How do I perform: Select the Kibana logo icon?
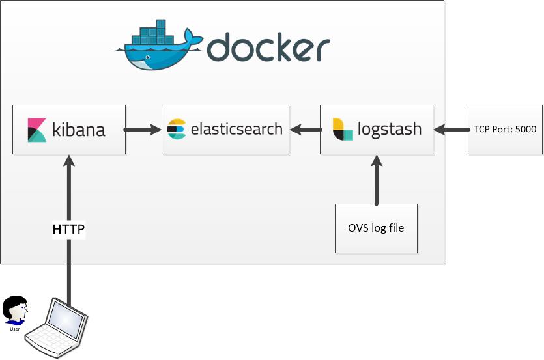point(36,130)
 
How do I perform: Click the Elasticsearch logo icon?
point(177,129)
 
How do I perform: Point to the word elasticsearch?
point(236,129)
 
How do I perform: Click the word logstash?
point(389,129)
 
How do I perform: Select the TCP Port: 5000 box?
point(505,129)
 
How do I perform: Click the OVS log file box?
point(376,228)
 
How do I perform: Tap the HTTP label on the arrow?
point(68,229)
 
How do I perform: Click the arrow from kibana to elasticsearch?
point(143,130)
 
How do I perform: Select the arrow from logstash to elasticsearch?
point(304,130)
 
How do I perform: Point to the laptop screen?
point(67,320)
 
